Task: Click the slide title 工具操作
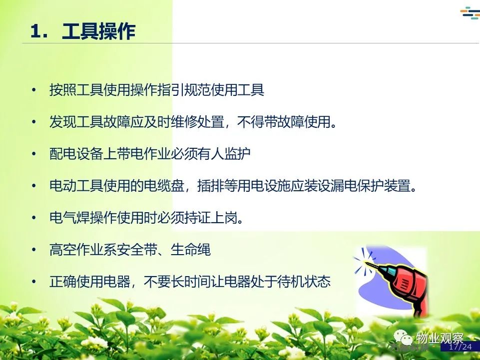tap(98, 31)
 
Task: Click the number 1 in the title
tap(35, 31)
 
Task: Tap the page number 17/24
tap(460, 347)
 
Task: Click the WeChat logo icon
tap(403, 338)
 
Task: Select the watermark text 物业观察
tap(440, 338)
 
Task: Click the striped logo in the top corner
tap(470, 13)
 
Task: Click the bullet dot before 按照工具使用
tap(33, 90)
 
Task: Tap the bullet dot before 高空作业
tap(33, 250)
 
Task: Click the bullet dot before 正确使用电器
tap(33, 282)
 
